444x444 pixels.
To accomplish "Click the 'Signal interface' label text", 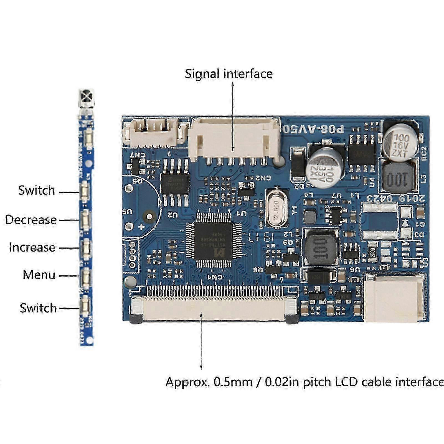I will point(229,74).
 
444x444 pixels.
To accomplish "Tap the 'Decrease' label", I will point(31,220).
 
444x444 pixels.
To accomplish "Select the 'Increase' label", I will point(32,247).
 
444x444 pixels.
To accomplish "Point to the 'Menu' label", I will point(39,275).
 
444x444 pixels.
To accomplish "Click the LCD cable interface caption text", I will point(304,382).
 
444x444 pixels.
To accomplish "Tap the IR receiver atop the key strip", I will point(87,99).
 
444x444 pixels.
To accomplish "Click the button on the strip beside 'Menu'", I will point(85,276).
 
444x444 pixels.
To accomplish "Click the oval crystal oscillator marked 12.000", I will point(276,207).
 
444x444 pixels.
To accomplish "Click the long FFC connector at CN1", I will point(214,308).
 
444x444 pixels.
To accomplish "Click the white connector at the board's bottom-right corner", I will point(394,298).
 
